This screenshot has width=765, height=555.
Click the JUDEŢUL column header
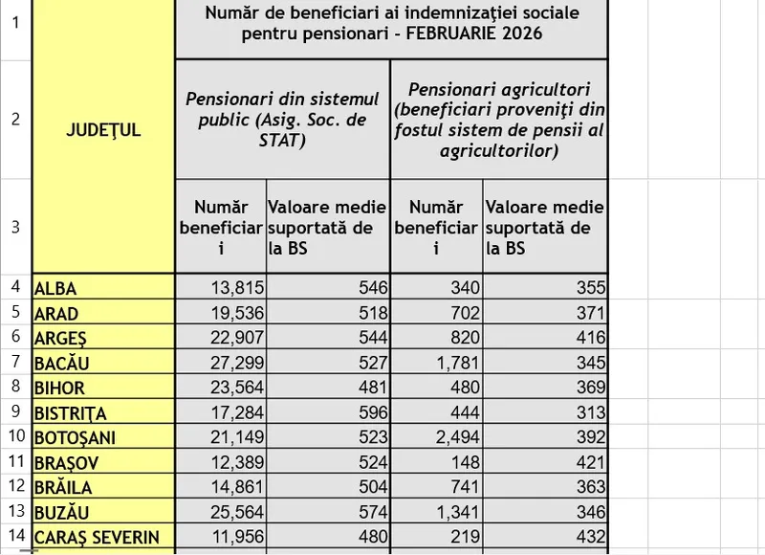point(103,130)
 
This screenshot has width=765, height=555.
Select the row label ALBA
point(55,288)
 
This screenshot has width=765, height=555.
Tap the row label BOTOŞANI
point(75,437)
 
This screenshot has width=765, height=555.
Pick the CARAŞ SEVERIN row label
point(97,537)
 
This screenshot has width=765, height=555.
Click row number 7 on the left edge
point(15,363)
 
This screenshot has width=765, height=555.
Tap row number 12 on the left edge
point(15,487)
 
